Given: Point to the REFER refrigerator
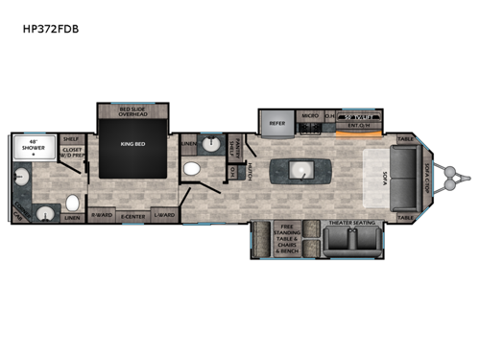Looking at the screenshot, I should [x=276, y=123].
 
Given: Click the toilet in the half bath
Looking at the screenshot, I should [x=190, y=170].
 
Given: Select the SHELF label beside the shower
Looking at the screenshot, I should [x=69, y=137].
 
